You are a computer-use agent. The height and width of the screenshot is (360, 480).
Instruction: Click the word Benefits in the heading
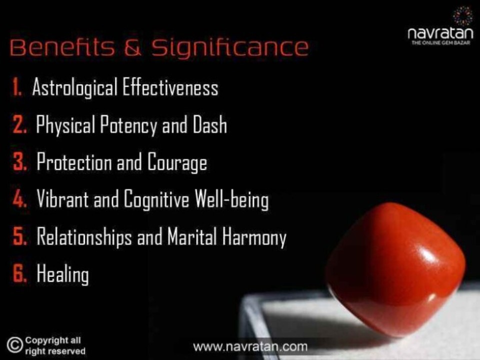coord(62,47)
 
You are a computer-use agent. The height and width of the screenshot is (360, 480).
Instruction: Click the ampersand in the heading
coord(133,47)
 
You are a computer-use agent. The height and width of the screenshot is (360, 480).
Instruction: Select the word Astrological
coord(74,87)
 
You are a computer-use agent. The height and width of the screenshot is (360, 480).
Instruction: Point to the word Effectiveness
coord(170,86)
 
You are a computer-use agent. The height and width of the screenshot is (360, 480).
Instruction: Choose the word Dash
coord(210,124)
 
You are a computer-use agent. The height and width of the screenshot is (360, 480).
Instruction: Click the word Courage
coord(177,162)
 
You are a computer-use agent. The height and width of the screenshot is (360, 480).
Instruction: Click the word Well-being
coord(231,199)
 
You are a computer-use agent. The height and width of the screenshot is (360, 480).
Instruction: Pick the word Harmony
coord(254,237)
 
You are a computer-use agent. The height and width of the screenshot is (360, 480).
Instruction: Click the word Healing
coord(63,274)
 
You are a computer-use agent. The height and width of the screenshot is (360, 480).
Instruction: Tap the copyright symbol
coord(14,345)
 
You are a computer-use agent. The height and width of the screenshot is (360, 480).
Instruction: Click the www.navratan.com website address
coord(250,347)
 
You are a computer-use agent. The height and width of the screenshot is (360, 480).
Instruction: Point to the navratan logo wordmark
coord(440,33)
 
